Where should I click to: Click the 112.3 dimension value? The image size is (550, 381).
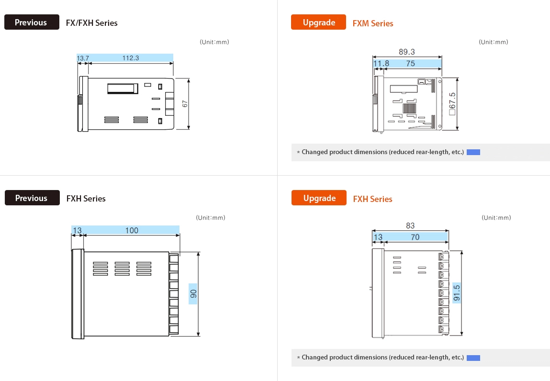coord(130,58)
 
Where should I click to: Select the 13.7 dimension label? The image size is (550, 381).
coord(83,58)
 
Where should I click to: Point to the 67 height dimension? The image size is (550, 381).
coord(185,103)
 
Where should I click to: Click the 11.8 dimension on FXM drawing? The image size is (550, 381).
coord(381,63)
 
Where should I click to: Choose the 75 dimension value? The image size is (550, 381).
coord(410,63)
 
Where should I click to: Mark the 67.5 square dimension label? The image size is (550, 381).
coord(452,104)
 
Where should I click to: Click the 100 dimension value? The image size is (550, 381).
coord(132,230)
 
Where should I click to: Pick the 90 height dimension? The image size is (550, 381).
coord(193,294)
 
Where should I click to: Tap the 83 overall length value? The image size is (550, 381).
coord(410,225)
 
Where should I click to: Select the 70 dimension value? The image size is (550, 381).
coord(415,237)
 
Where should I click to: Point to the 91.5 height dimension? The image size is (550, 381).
coord(456,293)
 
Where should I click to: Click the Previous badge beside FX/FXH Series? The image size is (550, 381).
coord(32,22)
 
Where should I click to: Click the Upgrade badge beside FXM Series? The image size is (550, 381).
coord(318,22)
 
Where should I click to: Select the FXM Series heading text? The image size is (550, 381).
coord(372,23)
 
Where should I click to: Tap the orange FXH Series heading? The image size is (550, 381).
coord(372,199)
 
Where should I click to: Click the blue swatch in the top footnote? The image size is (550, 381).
coord(473,152)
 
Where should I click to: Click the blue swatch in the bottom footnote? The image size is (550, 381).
coord(473,358)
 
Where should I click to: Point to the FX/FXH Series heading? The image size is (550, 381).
coord(91,22)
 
